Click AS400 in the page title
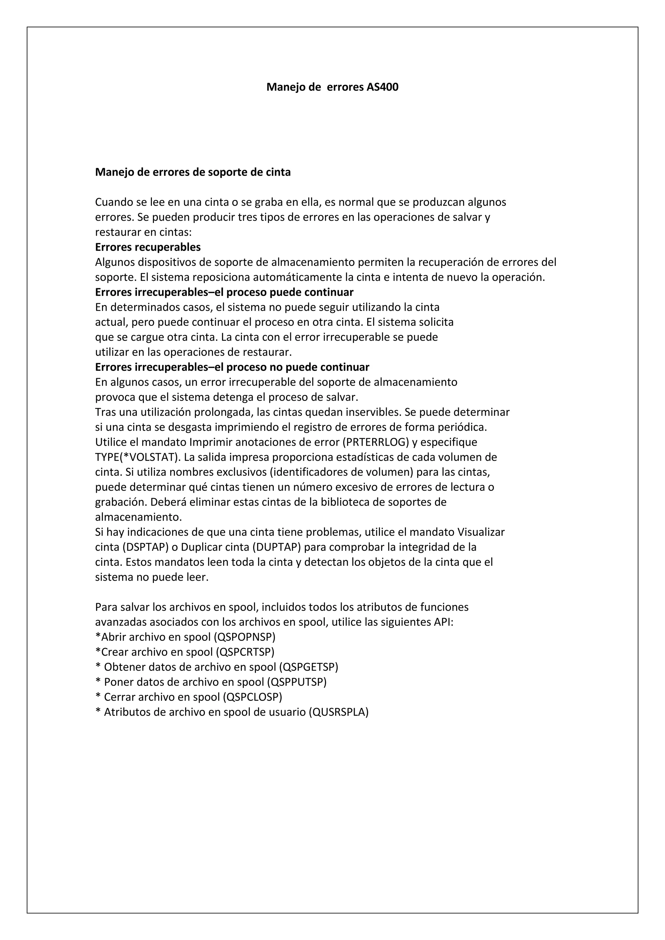[383, 87]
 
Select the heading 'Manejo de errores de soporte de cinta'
[193, 172]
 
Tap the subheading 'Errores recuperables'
[148, 247]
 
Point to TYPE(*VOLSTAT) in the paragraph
[138, 457]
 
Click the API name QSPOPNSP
[245, 637]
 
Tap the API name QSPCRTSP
[245, 652]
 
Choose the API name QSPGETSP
[309, 667]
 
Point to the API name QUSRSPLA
[339, 712]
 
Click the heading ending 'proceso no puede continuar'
[232, 367]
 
